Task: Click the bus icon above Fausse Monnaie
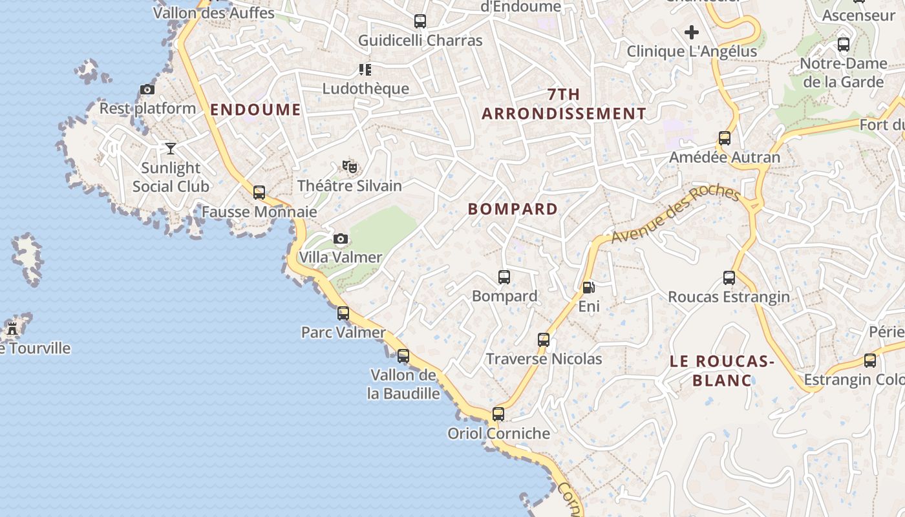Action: tap(259, 192)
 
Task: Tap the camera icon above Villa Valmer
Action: tap(341, 239)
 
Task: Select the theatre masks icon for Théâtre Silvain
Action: tap(350, 167)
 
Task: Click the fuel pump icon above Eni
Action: tap(588, 287)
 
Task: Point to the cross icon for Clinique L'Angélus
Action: tap(692, 32)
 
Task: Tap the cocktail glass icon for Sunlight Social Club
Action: tap(171, 149)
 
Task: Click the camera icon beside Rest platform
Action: tap(147, 90)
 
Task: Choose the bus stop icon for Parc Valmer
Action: tap(343, 313)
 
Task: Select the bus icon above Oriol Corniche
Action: tap(498, 414)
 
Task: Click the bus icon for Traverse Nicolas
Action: tap(544, 340)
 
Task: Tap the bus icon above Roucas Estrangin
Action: tap(729, 278)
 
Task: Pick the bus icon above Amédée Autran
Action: tap(725, 138)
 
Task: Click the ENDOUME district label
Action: tap(255, 109)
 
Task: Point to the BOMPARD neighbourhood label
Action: tap(513, 209)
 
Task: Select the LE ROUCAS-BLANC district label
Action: tap(722, 370)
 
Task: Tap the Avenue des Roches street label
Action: tap(675, 215)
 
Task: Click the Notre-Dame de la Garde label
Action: tap(844, 72)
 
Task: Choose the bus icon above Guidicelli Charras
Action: tap(420, 21)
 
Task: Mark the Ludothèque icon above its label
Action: tap(365, 70)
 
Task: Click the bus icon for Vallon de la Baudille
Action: tap(403, 355)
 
